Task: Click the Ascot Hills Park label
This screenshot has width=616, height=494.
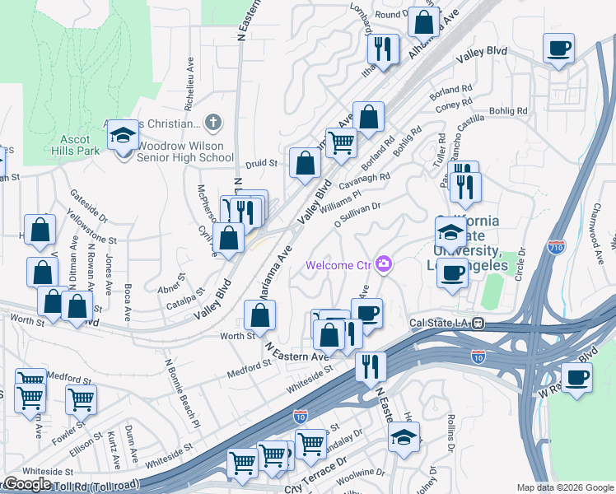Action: [74, 145]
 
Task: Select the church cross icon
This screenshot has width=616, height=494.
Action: [213, 123]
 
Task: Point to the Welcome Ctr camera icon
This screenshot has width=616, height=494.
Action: [384, 264]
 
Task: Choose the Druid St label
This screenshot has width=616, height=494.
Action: [262, 163]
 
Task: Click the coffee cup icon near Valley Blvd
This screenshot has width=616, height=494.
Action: [559, 49]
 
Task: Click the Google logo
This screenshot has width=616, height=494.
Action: [26, 484]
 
